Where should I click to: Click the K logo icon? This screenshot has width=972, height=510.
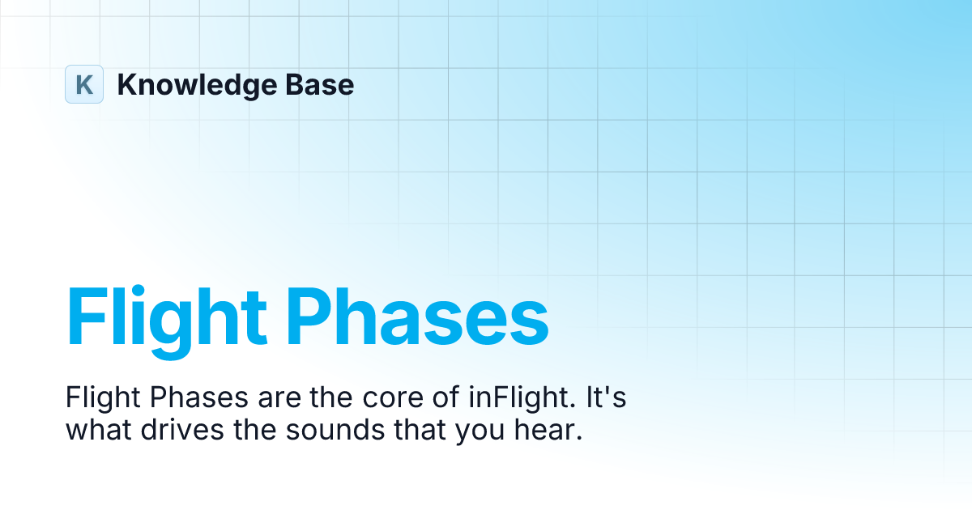tap(84, 84)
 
